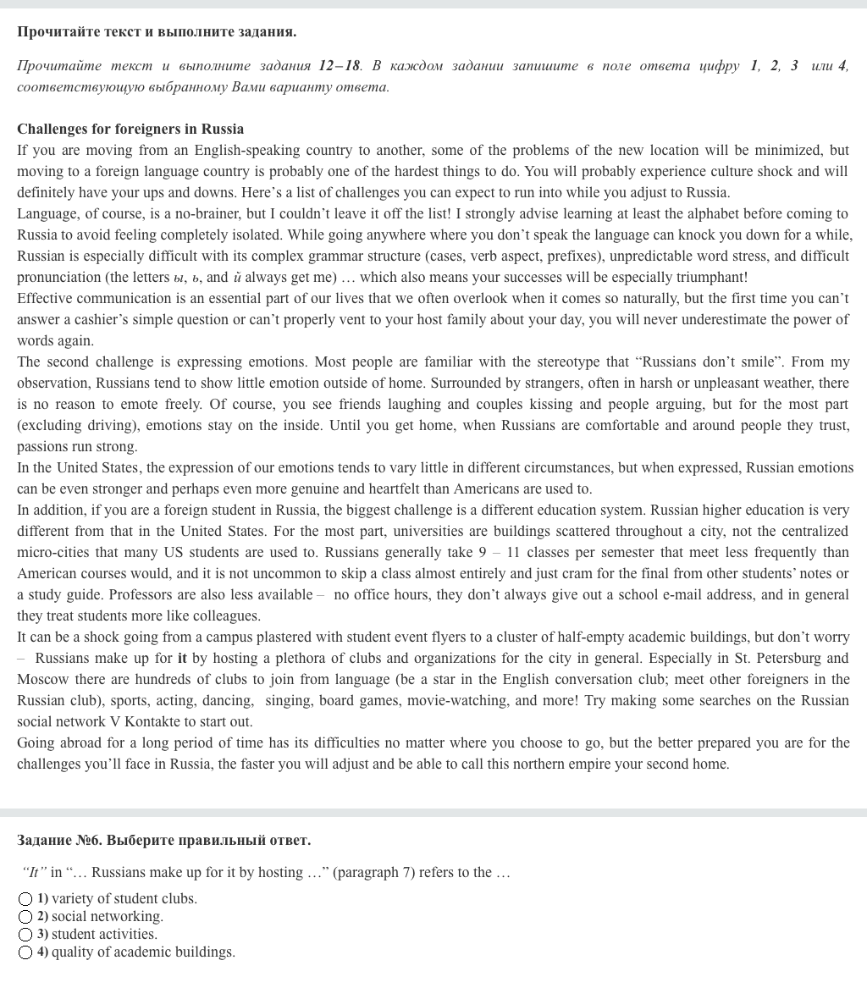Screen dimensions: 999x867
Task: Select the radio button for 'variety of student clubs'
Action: pos(25,899)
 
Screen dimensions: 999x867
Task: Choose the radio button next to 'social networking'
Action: pos(25,917)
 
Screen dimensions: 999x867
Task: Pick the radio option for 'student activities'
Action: pos(25,935)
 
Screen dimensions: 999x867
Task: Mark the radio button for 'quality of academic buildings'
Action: pos(25,952)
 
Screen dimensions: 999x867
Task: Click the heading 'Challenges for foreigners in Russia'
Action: pos(130,130)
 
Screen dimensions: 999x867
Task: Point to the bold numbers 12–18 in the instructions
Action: pos(340,66)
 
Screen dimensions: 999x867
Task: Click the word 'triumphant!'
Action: pos(706,278)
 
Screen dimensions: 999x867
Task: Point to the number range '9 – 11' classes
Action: pos(499,553)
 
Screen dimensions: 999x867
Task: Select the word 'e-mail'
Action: pos(685,595)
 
